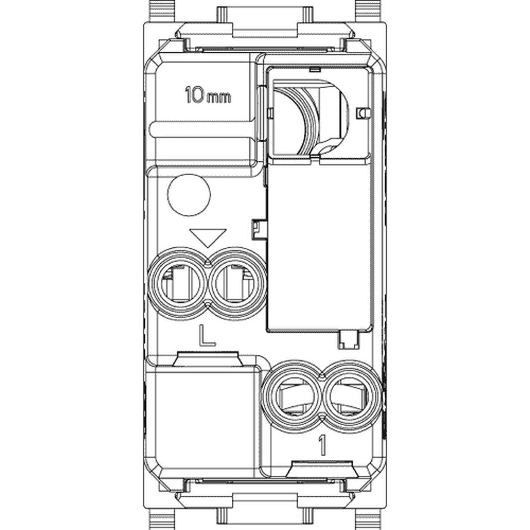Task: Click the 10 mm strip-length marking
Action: tap(208, 95)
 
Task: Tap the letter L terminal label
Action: tap(207, 335)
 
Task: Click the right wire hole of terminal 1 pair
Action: tap(352, 397)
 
